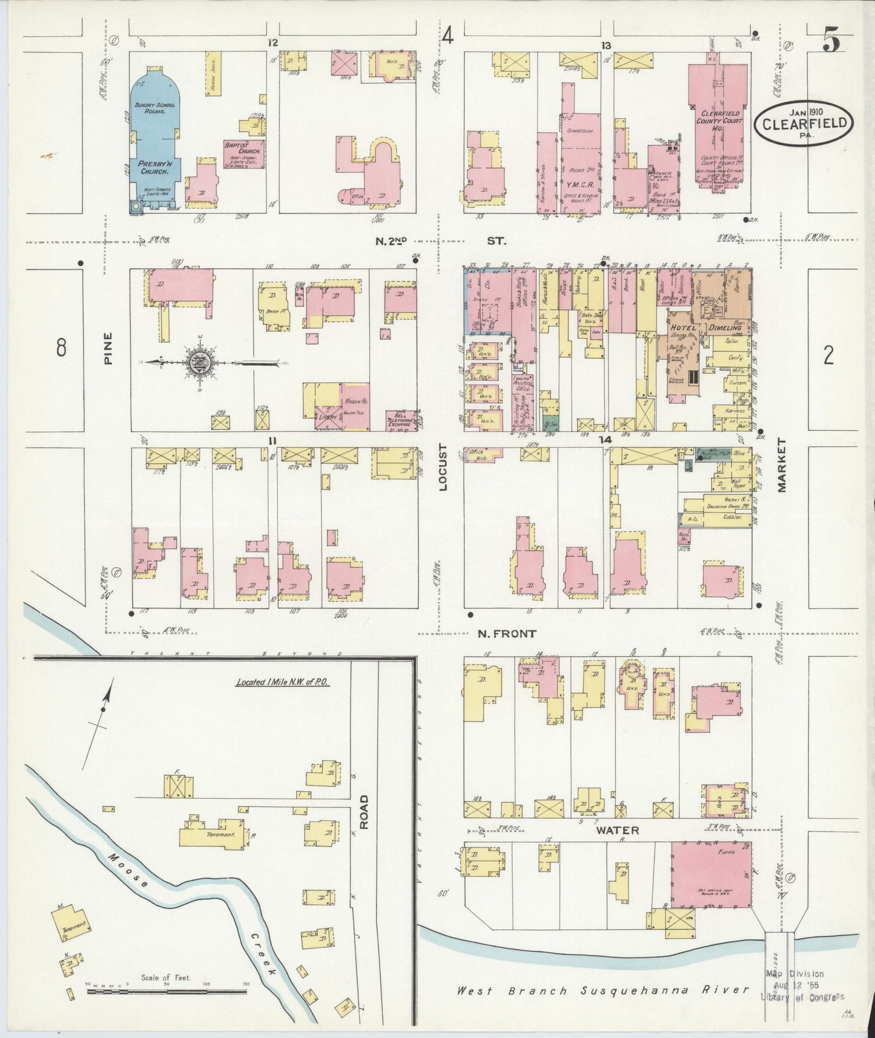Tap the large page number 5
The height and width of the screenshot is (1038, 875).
(831, 43)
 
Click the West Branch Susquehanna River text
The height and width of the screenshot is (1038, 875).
(603, 991)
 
